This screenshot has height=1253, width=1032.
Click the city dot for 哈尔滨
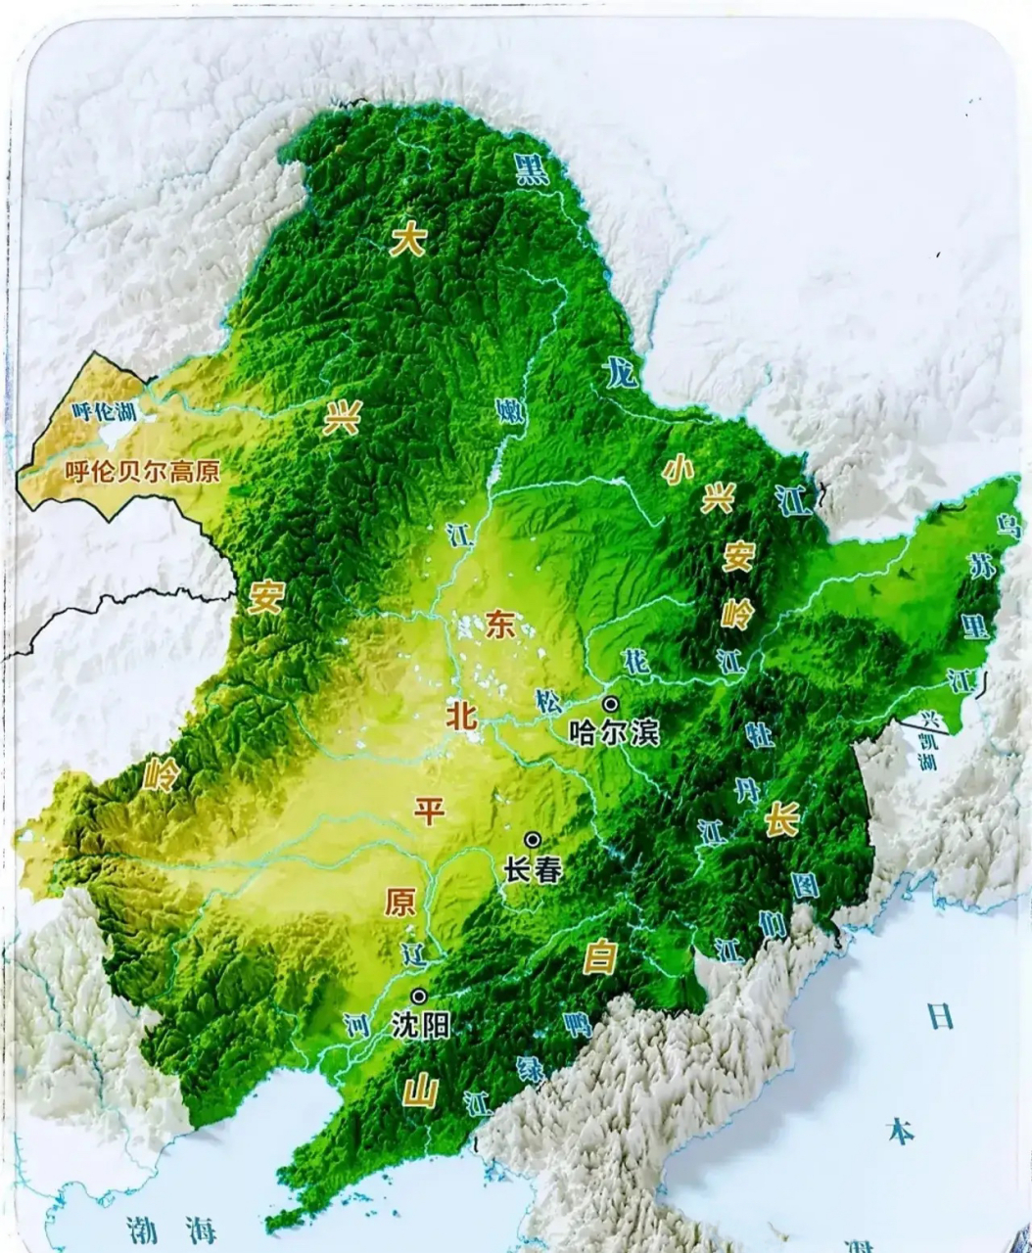[611, 704]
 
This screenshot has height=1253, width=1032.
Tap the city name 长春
[533, 869]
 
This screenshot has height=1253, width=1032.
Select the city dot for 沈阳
[419, 997]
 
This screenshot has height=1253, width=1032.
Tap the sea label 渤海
[171, 1229]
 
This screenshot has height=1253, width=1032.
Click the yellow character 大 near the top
[407, 240]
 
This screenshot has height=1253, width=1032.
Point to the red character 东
[498, 625]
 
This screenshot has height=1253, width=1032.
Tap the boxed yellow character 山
[420, 1091]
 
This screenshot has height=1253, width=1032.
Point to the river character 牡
[759, 733]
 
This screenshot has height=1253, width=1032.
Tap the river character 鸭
[578, 1024]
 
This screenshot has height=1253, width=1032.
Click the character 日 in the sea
[939, 1017]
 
